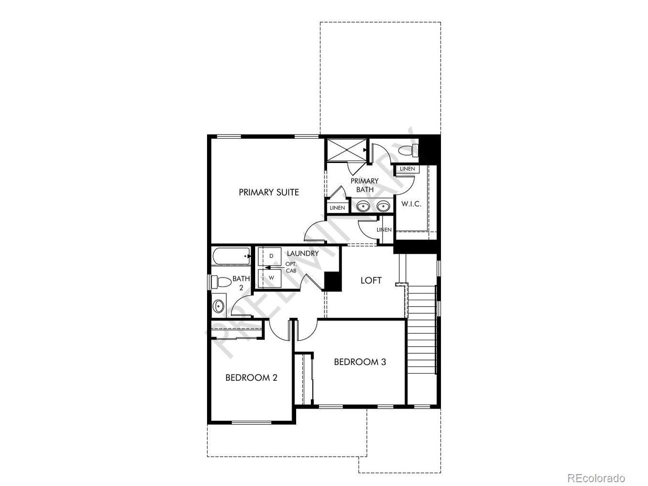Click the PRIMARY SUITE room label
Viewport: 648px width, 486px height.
tap(269, 192)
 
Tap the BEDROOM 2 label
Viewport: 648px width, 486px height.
tap(251, 378)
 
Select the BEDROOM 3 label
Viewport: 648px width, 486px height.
tap(360, 362)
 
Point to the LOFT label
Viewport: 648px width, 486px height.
tap(371, 280)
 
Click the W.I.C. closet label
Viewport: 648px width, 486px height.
tap(411, 204)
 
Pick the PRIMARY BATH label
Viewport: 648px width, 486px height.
tap(364, 185)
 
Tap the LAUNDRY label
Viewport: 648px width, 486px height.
tap(303, 254)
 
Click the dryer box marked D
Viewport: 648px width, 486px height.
tap(270, 256)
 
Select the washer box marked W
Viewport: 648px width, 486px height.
tap(270, 278)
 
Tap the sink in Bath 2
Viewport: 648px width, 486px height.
tap(219, 306)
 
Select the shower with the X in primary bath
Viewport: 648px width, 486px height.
tap(346, 150)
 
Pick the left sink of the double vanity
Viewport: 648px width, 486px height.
tap(362, 206)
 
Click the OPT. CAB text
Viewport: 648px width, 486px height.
tap(291, 267)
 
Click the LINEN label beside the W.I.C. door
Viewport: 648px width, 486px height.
tap(408, 169)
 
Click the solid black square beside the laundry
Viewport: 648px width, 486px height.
tap(333, 281)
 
